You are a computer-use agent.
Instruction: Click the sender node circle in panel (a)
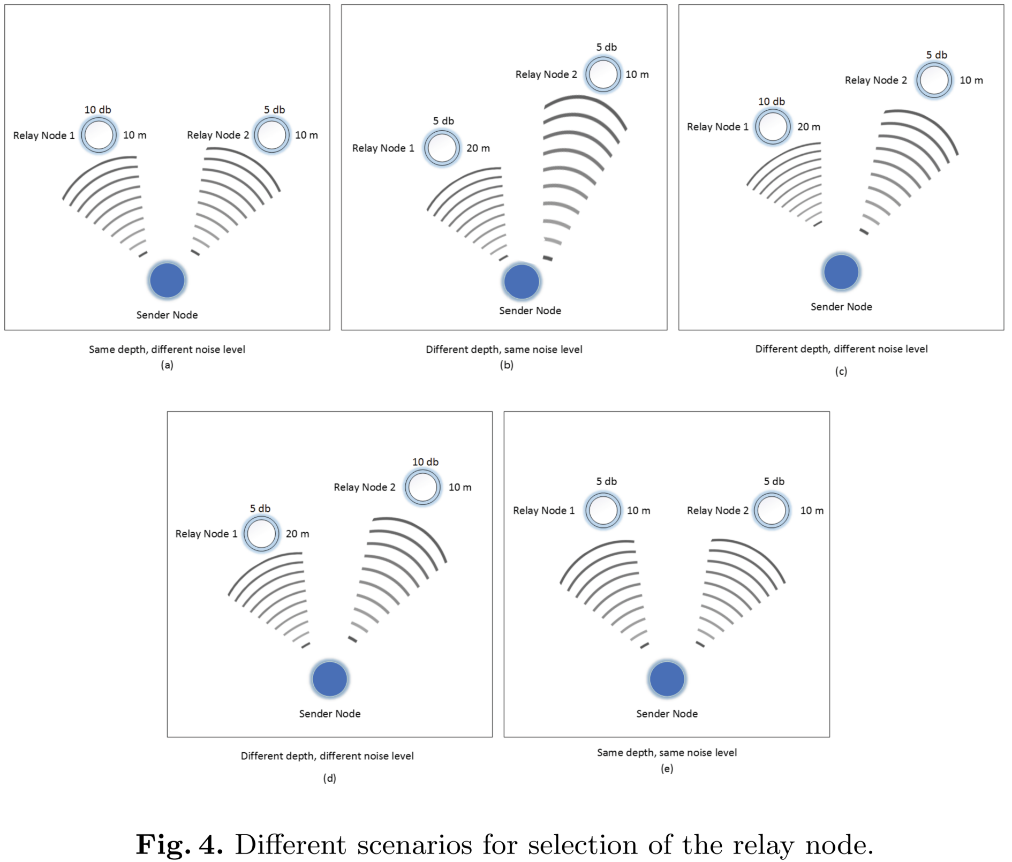coord(167,280)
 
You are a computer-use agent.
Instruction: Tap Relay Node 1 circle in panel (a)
coord(99,135)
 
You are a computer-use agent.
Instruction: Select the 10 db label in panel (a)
coord(97,110)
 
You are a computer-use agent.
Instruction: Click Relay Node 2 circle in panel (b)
coord(603,74)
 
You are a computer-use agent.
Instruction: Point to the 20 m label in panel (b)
coord(478,148)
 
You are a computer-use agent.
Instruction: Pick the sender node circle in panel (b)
coord(522,281)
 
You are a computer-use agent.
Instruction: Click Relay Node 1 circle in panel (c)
coord(773,127)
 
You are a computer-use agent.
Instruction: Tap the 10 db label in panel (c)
coord(771,102)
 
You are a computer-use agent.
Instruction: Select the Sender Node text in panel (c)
coord(841,307)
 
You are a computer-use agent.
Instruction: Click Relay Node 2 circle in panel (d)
coord(422,487)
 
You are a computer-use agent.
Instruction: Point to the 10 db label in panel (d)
coord(425,462)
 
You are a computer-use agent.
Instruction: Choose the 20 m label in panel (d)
coord(297,534)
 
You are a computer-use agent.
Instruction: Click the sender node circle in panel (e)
coord(667,679)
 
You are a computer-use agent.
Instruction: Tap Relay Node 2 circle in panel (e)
coord(772,510)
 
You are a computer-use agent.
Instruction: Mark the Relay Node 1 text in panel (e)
coord(543,511)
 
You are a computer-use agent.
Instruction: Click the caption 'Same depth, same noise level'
coord(667,753)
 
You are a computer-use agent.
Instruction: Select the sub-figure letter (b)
coord(507,365)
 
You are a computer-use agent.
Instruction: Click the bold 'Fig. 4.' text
coord(179,845)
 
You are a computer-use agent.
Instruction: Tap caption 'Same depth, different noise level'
coord(167,350)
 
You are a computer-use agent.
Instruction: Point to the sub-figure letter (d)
coord(329,778)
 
